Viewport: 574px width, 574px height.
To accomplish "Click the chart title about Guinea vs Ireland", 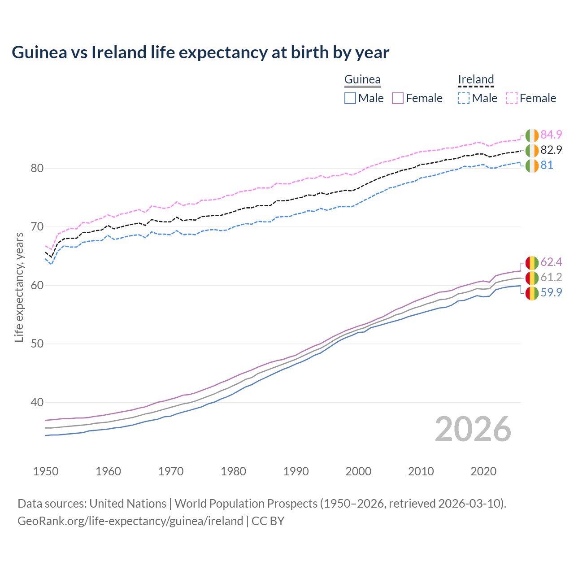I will pos(200,52).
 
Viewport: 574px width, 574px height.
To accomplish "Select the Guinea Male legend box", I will pos(350,98).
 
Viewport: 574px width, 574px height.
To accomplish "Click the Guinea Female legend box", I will pos(398,98).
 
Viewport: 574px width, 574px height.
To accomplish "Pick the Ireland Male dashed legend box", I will pos(464,98).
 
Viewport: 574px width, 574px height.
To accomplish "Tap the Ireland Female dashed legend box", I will pos(512,98).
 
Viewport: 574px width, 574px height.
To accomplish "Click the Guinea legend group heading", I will pos(362,80).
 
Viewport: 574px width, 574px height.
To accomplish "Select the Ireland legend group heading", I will pos(476,80).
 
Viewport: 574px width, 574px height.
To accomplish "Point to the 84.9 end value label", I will pos(551,135).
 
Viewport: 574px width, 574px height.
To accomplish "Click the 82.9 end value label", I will pos(551,150).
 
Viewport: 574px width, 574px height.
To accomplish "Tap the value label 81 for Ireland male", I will pos(547,165).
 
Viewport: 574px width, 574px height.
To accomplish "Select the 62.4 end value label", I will pos(551,262).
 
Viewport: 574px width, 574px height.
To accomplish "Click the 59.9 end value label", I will pos(551,292).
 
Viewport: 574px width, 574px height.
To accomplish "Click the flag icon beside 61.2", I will pos(532,278).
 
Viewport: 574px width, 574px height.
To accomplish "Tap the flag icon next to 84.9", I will pos(532,135).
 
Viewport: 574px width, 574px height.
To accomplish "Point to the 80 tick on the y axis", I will pos(37,169).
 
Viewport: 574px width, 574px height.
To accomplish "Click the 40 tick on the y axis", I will pos(37,403).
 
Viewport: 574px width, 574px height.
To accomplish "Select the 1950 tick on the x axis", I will pos(46,471).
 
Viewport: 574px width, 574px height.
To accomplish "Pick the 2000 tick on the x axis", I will pos(358,471).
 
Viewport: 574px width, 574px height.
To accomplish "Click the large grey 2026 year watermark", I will pos(473,429).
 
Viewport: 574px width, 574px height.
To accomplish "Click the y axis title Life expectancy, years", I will pos(19,287).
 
